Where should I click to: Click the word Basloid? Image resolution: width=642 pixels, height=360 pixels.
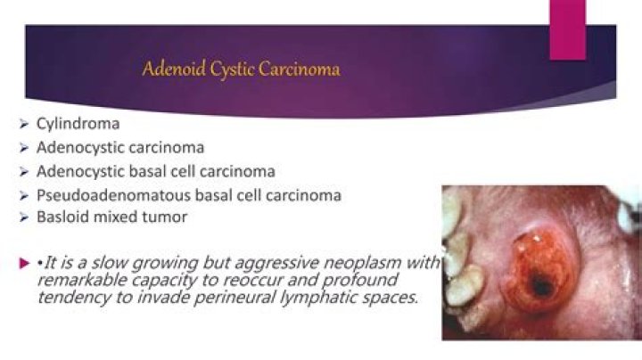(x=62, y=217)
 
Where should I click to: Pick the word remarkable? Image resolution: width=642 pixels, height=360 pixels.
(x=79, y=281)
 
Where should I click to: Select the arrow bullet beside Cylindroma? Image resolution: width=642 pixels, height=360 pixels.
(x=24, y=124)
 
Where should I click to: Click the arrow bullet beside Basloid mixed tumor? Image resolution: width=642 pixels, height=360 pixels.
(x=24, y=217)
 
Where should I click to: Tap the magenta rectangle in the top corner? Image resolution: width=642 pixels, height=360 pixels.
(x=567, y=29)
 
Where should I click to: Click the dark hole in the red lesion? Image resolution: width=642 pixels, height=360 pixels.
(x=541, y=287)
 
